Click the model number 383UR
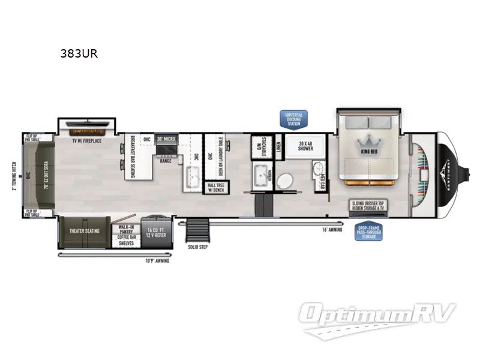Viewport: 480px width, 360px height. click(x=79, y=53)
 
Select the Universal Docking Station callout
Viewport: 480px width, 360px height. click(x=294, y=118)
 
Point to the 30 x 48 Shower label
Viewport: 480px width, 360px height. click(x=305, y=145)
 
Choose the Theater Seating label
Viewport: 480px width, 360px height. click(x=85, y=231)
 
